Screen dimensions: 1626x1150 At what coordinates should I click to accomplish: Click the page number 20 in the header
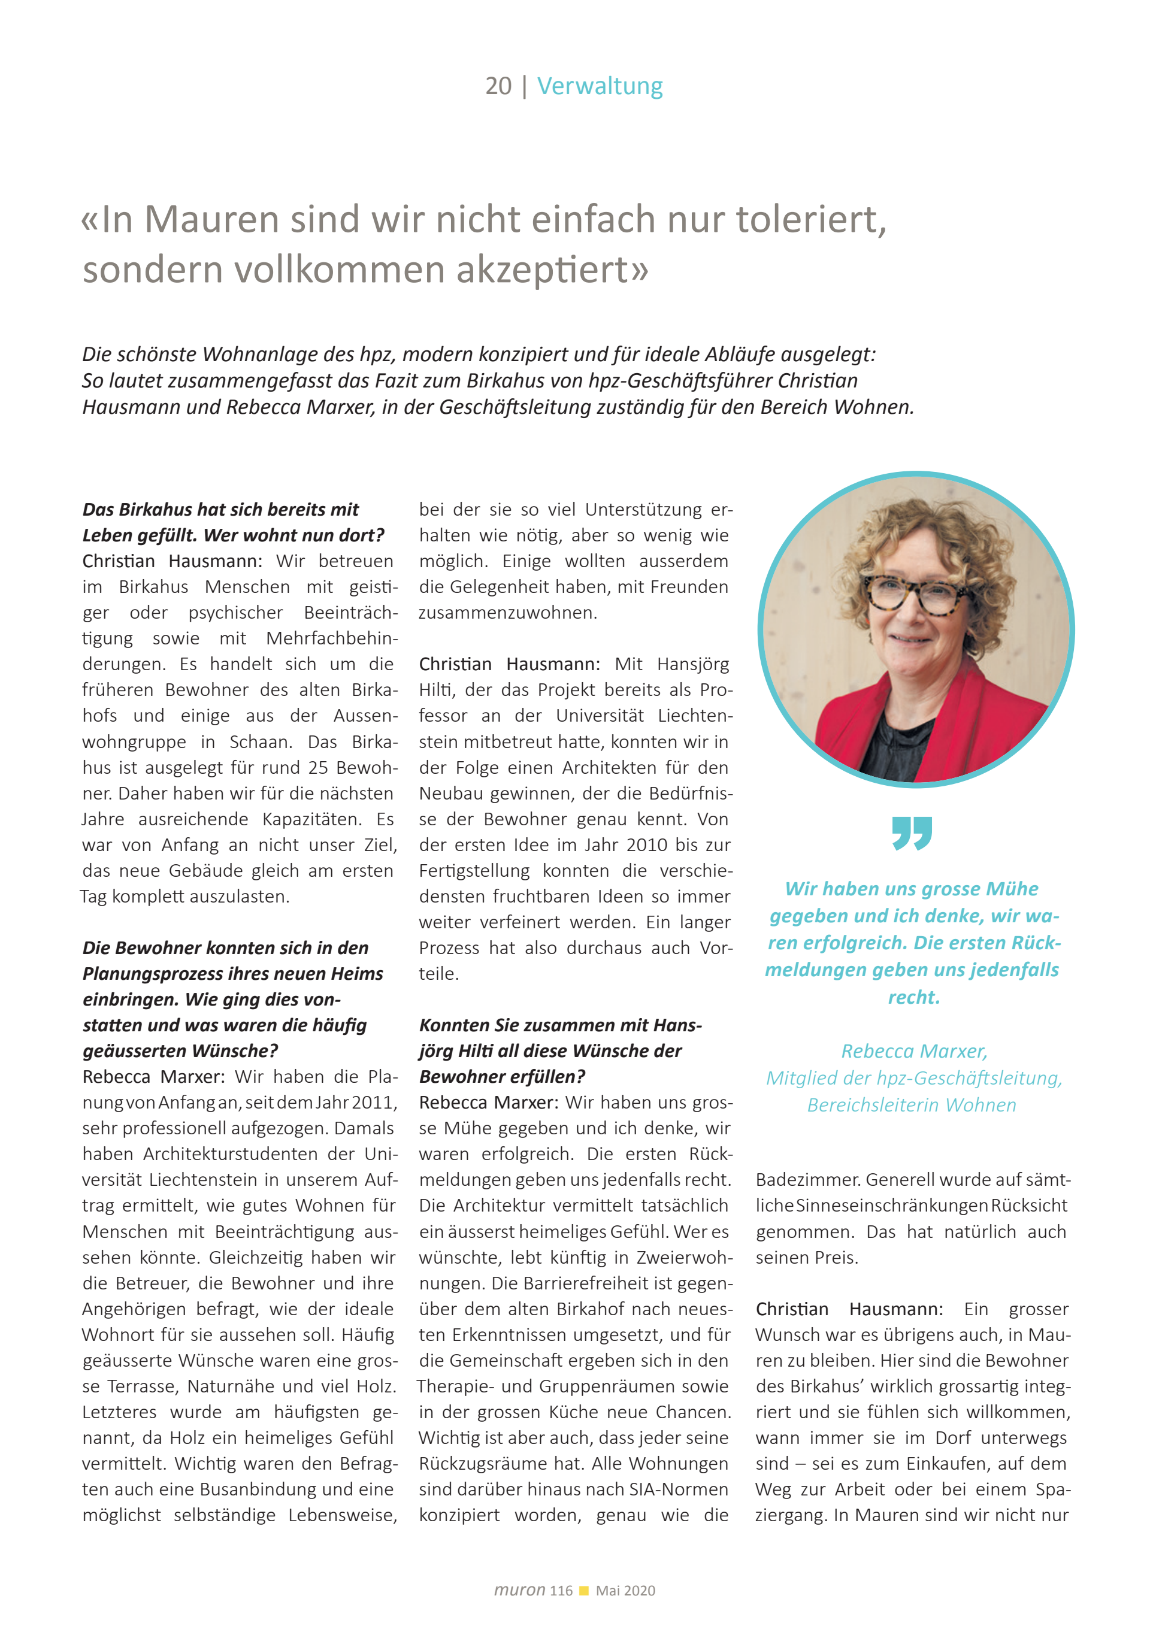(x=498, y=86)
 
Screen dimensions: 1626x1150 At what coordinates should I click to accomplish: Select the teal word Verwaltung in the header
(x=600, y=86)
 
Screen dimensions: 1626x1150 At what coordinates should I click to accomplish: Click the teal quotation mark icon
(x=912, y=833)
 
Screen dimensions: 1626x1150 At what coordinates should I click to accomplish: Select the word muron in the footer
(x=520, y=1590)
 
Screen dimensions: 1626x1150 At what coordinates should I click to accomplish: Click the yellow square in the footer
(x=584, y=1591)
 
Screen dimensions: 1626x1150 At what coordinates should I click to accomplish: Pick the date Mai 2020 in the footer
(x=625, y=1591)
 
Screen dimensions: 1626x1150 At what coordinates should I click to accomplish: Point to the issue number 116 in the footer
(x=561, y=1591)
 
